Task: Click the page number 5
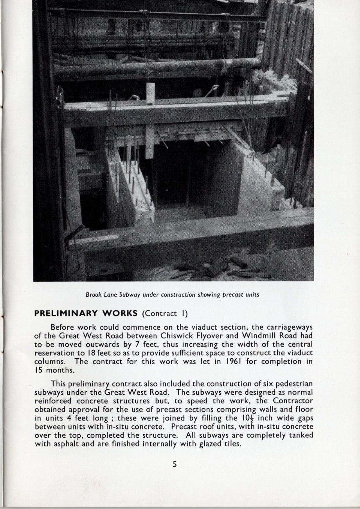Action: coord(175,464)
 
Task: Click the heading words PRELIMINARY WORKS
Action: coord(86,313)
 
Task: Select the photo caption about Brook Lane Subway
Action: coord(172,295)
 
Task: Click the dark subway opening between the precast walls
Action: coord(180,176)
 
